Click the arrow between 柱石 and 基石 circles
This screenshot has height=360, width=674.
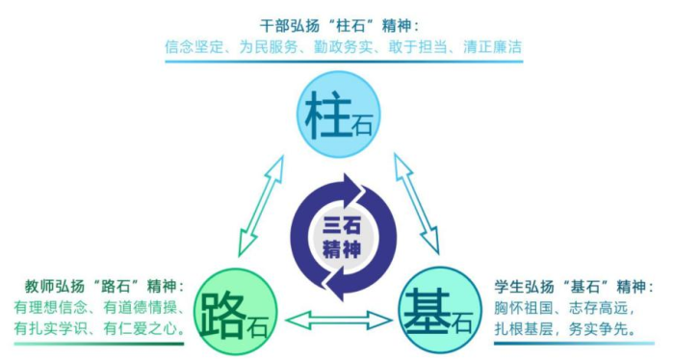pos(416,203)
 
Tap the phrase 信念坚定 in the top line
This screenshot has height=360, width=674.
pos(196,44)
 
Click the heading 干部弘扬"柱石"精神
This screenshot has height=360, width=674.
pos(341,23)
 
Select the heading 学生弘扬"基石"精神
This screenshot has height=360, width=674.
pos(566,286)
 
